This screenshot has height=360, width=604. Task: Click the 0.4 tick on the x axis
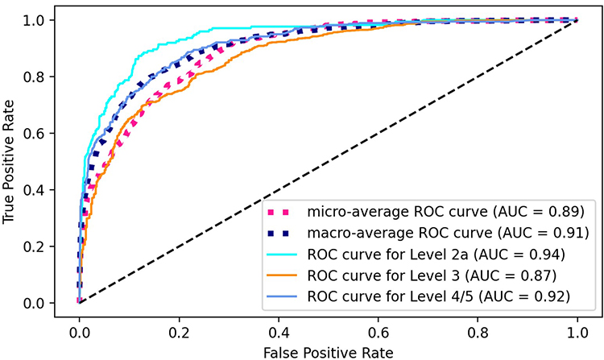pos(279,329)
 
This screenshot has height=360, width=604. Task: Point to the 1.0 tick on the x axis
pos(577,329)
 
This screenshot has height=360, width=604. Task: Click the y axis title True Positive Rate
pos(11,161)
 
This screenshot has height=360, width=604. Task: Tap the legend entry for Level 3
pos(434,276)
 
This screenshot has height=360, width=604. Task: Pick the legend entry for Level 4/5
pos(440,297)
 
